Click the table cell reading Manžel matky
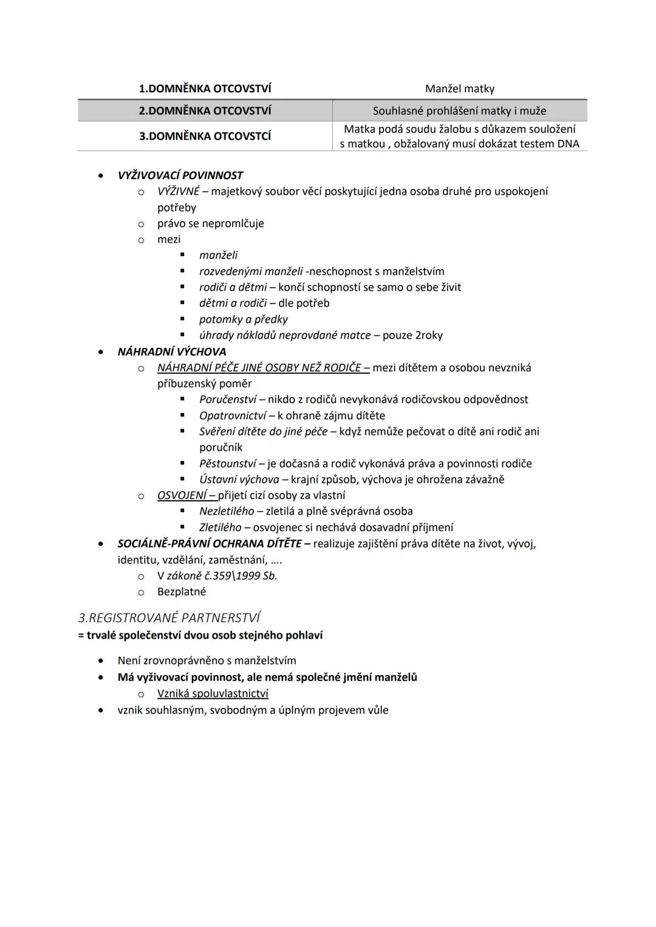tap(460, 89)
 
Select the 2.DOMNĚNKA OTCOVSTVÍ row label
tap(205, 110)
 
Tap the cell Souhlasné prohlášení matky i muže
tap(459, 110)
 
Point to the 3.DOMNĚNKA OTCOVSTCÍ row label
tap(205, 136)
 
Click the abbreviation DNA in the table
tap(568, 144)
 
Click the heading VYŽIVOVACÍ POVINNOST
tap(180, 175)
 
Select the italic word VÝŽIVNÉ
tap(178, 191)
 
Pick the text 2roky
tap(429, 335)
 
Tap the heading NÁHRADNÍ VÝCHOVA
tap(171, 351)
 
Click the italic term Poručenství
tap(227, 399)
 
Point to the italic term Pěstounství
tap(227, 464)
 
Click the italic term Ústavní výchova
tap(239, 480)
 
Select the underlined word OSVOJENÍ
tap(182, 495)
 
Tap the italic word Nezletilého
tap(227, 511)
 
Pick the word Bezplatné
tap(182, 591)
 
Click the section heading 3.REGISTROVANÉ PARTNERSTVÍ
tap(169, 618)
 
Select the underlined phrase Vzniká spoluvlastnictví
tap(213, 693)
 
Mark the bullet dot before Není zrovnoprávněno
tap(101, 660)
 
